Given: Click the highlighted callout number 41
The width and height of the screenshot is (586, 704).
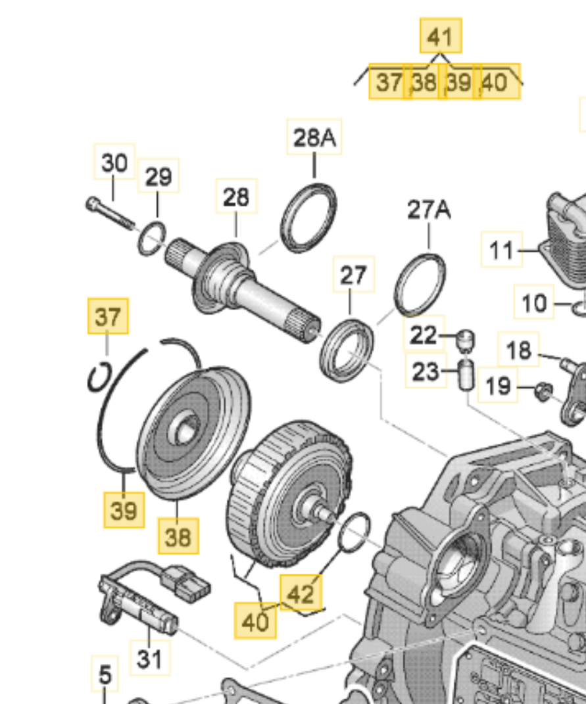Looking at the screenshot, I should point(440,36).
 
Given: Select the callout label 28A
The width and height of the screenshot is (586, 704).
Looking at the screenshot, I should point(314,137).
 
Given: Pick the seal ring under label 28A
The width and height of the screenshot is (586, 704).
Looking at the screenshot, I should point(309,219).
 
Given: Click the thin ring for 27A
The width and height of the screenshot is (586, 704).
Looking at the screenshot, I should point(420,284).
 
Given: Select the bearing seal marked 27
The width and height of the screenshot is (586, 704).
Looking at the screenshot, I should point(347,348).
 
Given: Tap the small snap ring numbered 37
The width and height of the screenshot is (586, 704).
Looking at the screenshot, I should point(99,377).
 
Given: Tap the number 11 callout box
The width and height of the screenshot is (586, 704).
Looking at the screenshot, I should point(501,250).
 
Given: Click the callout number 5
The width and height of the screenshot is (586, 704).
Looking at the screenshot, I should point(105,674).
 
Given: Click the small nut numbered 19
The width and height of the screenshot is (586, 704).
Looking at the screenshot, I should point(542,392).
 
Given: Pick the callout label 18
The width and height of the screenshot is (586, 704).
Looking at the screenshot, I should point(518,350).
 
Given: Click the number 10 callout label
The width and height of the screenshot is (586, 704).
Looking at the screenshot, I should point(533,303).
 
